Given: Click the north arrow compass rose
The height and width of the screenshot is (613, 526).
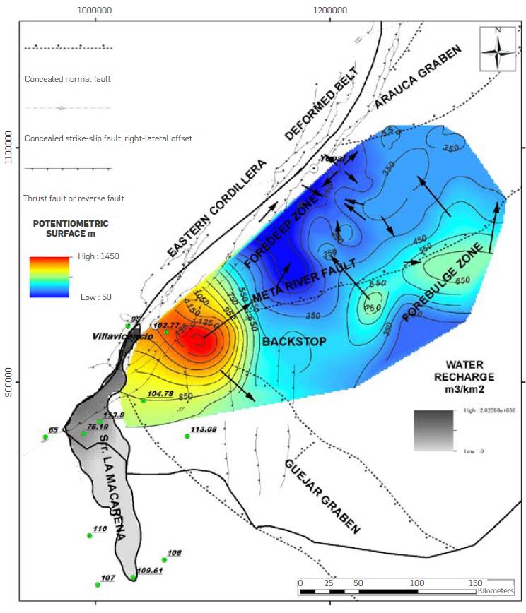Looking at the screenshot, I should (x=498, y=48).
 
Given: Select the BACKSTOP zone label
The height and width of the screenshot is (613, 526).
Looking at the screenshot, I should (x=293, y=342).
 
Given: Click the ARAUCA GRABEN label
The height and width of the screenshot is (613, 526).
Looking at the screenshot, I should (x=417, y=78).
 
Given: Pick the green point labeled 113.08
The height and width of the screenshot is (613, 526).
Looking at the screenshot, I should (x=187, y=436).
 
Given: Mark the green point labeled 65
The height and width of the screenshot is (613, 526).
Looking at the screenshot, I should (x=45, y=437).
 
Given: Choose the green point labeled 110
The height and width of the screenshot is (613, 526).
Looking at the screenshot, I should (x=89, y=535).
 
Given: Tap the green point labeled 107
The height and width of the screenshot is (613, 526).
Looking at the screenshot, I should (x=98, y=585).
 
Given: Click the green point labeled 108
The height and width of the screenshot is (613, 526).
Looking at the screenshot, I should (x=164, y=560).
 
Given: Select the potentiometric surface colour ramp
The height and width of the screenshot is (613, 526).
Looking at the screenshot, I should (x=49, y=276).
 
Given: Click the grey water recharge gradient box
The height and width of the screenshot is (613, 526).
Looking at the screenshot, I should (x=433, y=430).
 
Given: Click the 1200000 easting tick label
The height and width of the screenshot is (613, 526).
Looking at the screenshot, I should (x=329, y=11).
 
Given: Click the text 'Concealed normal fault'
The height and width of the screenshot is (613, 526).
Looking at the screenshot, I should (x=68, y=79).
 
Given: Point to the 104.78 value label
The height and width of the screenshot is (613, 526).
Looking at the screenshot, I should (x=160, y=393).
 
